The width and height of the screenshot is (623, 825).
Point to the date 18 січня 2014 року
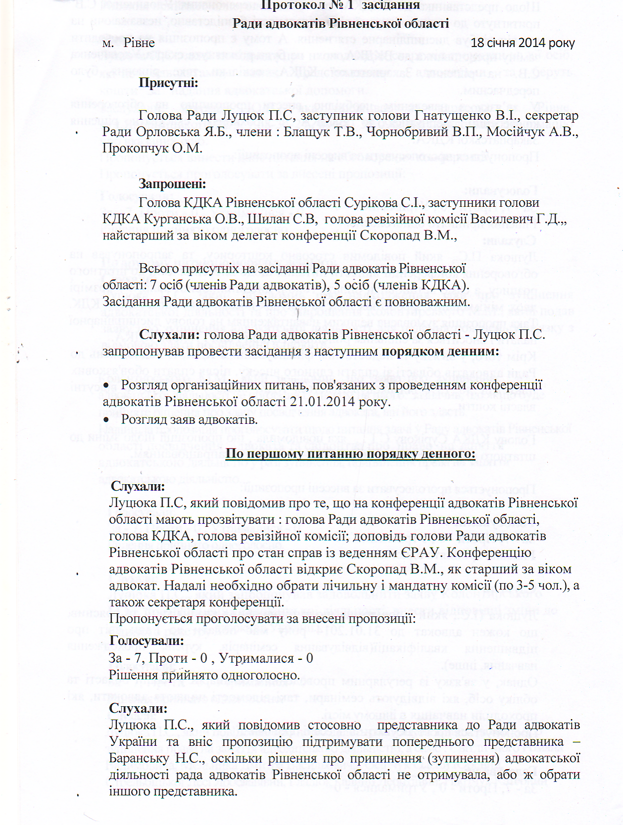(523, 43)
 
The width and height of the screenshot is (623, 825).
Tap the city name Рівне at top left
(139, 43)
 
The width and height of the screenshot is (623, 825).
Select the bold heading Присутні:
(168, 83)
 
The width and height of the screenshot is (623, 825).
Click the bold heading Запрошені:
(172, 184)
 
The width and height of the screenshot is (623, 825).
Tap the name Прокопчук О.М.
(152, 148)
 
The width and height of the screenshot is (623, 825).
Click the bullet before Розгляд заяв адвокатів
(105, 420)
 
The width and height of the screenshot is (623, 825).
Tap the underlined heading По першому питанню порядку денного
(350, 454)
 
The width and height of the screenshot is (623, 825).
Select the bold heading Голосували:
(146, 641)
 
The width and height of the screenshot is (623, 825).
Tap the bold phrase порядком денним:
(440, 352)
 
